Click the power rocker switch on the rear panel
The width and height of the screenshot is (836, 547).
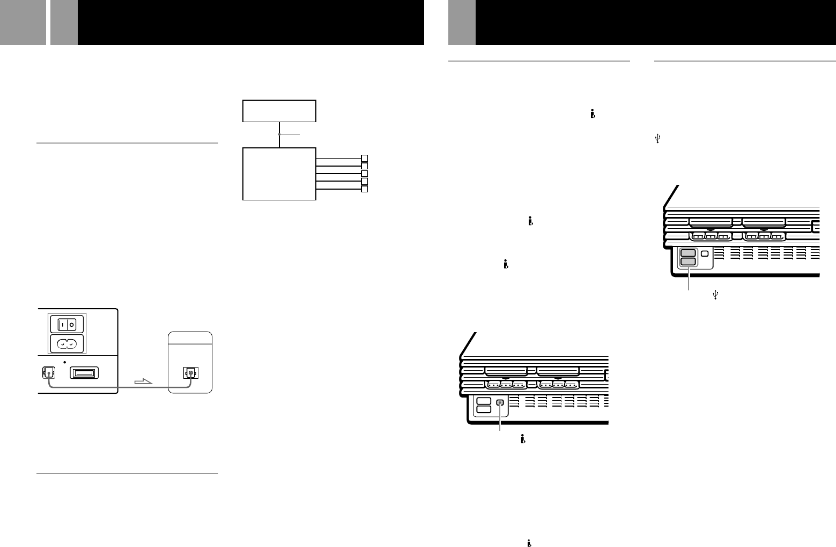(67, 324)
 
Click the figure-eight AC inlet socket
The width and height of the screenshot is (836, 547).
(67, 344)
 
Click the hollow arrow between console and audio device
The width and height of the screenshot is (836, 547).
(143, 382)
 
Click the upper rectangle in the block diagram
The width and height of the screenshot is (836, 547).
(279, 111)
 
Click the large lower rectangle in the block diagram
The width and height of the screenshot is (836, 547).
(279, 174)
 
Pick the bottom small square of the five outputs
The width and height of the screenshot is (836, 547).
(365, 189)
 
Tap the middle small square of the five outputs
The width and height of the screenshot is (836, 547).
(365, 174)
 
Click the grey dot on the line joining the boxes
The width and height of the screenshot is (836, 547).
(279, 134)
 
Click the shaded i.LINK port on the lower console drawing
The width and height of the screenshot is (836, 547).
(500, 403)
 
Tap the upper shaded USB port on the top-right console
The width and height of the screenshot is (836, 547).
(688, 253)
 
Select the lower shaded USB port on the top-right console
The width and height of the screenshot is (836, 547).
(688, 261)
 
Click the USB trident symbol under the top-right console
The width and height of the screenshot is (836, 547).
(715, 294)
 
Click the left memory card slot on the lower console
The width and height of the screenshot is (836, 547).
(505, 371)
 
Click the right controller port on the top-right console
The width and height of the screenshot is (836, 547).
(764, 236)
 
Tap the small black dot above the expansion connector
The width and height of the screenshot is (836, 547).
(64, 362)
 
